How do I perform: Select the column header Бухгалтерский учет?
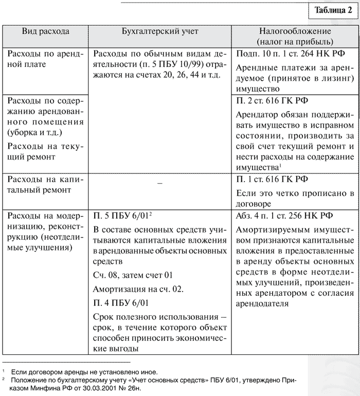pyautogui.click(x=160, y=31)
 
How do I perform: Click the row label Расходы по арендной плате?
pyautogui.click(x=45, y=59)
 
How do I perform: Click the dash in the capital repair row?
pyautogui.click(x=160, y=184)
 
